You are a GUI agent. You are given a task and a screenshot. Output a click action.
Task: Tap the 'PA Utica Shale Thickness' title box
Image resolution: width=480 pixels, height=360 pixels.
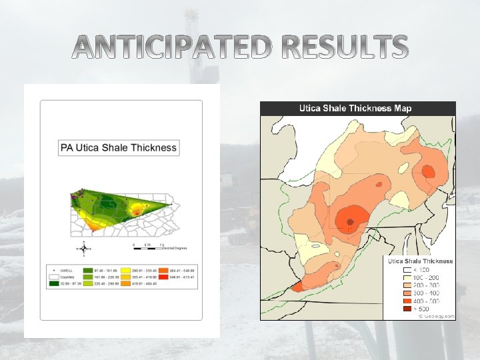[x=119, y=148]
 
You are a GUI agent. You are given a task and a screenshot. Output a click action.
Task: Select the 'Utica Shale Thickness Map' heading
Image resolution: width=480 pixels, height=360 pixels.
[x=355, y=108]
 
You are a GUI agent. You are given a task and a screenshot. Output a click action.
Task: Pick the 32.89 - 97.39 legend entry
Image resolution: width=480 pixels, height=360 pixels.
[x=65, y=283]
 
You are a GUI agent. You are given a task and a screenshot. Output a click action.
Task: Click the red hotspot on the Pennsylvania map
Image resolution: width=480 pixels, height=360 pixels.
[x=137, y=211]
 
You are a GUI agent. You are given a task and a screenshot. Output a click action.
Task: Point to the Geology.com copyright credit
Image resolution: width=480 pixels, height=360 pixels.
[x=436, y=316]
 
